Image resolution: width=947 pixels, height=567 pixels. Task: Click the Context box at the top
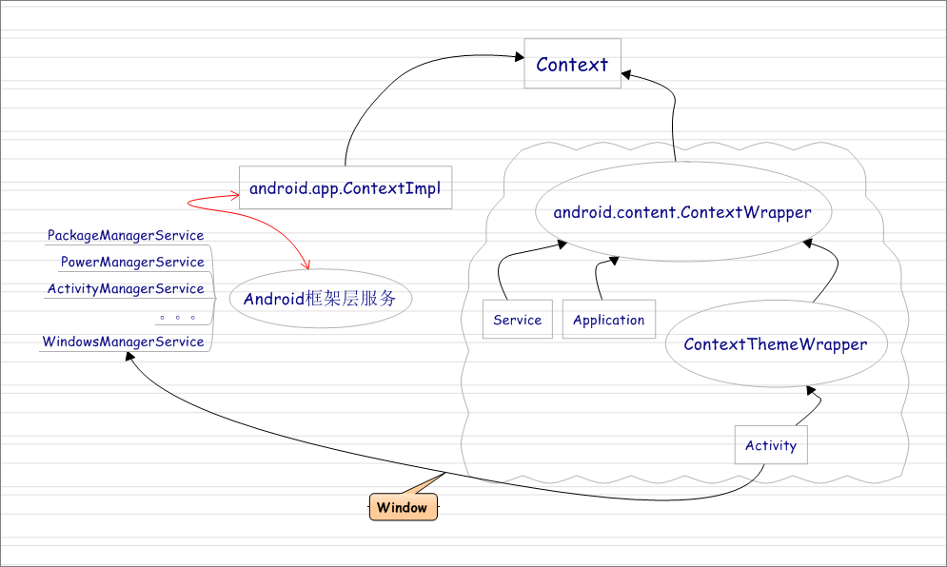tap(572, 65)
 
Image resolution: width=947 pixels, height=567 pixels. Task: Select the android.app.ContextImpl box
tap(345, 188)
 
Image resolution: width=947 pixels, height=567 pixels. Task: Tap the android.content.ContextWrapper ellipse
tap(681, 212)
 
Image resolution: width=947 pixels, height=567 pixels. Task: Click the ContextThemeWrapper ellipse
tap(775, 344)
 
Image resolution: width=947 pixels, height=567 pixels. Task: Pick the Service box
tap(517, 320)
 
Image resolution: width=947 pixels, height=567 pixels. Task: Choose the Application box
tap(608, 320)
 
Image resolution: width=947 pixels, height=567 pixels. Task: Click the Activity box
tap(770, 445)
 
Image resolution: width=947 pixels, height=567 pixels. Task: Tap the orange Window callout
tap(403, 507)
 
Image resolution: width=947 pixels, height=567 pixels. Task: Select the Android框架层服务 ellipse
tap(320, 299)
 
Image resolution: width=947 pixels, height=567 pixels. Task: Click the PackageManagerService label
tap(126, 235)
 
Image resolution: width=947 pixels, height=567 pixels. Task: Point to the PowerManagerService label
tap(132, 262)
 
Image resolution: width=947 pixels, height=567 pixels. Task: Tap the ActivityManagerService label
tap(126, 288)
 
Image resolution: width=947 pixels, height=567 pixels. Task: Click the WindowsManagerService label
tap(124, 342)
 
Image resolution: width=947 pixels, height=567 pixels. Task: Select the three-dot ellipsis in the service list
tap(178, 317)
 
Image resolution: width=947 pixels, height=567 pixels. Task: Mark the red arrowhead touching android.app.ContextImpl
tap(233, 197)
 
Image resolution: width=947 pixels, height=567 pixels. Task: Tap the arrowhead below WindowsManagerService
tap(130, 357)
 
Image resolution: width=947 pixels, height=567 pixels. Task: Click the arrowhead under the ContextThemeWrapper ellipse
tap(811, 390)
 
